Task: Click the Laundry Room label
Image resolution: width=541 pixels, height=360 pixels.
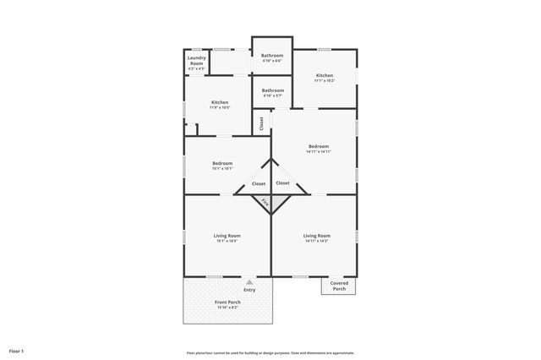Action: coord(196,61)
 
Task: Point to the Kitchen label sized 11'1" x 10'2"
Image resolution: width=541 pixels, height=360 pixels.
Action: coord(325,77)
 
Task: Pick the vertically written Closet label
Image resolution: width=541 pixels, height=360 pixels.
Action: coord(261,123)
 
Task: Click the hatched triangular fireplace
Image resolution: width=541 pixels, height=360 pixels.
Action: coord(265,203)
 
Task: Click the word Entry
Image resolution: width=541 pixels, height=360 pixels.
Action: coord(249,290)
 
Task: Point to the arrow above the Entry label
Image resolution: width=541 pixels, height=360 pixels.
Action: coord(249,282)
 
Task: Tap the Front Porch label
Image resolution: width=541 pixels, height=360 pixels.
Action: coord(227,302)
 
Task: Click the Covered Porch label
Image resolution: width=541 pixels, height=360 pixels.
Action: coord(338,286)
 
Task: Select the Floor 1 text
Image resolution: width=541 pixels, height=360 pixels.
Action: coord(17,351)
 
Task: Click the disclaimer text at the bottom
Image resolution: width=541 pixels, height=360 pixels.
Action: coord(270,352)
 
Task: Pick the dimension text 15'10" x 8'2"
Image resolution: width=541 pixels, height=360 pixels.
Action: coord(227,307)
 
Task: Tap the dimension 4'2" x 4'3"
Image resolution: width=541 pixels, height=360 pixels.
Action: coord(196,68)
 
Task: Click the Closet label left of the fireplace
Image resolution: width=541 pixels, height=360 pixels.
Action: coord(259,183)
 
